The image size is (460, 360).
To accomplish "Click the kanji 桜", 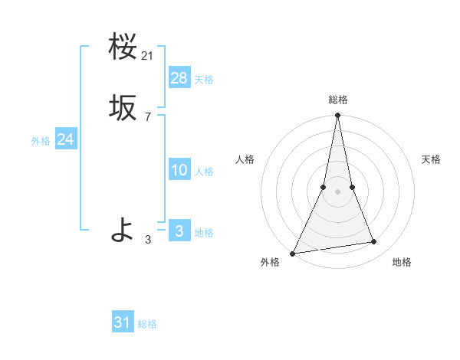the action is coord(123,47).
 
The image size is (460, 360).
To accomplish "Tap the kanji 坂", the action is coord(123,109).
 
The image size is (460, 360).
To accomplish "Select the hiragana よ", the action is coord(123,229).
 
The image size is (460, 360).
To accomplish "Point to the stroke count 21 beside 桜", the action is coord(148,56).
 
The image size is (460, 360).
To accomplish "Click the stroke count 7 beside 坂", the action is coord(148,117).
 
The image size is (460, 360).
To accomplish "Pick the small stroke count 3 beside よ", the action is coord(148,240).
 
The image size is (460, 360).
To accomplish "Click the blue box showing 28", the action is coord(179,78).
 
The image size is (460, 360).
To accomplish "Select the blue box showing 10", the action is coord(179,170).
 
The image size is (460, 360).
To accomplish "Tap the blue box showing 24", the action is coord(66,139).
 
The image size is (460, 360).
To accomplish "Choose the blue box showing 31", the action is coord(123,322).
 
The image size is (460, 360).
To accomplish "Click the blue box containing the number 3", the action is coord(179,231).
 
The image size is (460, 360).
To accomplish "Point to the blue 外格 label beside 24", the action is coord(41,141).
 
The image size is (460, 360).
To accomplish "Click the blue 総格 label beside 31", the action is coord(147,325).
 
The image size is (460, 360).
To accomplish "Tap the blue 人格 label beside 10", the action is coord(204,172).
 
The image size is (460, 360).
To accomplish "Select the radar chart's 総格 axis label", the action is coord(337,100).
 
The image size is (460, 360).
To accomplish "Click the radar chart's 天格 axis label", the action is coord(431,159).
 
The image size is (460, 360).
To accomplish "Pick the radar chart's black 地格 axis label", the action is coord(402,262).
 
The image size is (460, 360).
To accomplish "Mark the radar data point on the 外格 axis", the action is coord(293,253).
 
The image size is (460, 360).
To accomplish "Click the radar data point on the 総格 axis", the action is coord(337,116).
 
